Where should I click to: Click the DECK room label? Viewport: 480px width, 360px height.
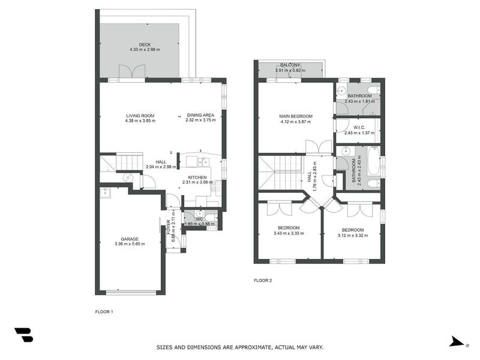pyautogui.click(x=145, y=44)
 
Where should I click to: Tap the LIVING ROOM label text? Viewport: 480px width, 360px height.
pyautogui.click(x=140, y=115)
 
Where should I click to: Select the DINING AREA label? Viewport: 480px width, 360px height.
pyautogui.click(x=200, y=115)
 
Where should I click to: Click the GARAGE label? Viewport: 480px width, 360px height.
pyautogui.click(x=130, y=239)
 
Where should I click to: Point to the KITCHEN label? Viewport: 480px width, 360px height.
pyautogui.click(x=197, y=178)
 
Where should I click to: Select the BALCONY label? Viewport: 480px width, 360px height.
pyautogui.click(x=290, y=65)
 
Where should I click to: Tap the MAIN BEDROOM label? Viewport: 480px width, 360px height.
pyautogui.click(x=295, y=116)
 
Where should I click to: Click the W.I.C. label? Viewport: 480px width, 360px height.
pyautogui.click(x=359, y=127)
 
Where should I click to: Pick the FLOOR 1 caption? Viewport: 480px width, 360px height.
pyautogui.click(x=104, y=311)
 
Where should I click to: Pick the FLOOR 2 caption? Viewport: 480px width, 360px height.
pyautogui.click(x=263, y=280)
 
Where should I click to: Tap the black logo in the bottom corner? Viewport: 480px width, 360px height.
pyautogui.click(x=23, y=335)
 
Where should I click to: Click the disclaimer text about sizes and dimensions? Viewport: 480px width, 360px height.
pyautogui.click(x=239, y=347)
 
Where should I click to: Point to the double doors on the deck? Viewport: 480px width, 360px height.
pyautogui.click(x=128, y=73)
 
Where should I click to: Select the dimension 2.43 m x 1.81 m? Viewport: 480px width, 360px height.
pyautogui.click(x=359, y=101)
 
